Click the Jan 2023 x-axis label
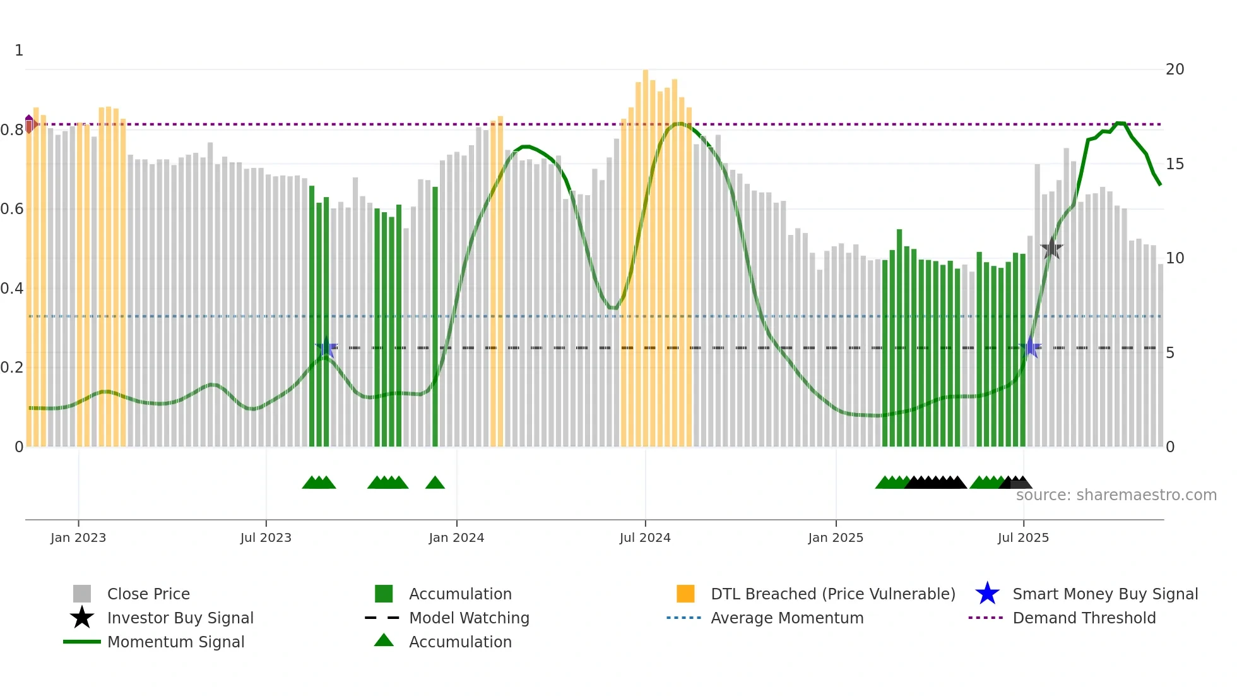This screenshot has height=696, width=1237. tap(78, 537)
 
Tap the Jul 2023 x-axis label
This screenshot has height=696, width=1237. tap(266, 537)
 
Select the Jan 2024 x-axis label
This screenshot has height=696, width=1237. tap(456, 537)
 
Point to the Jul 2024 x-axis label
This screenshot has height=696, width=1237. tap(645, 537)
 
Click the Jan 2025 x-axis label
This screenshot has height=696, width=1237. tap(836, 537)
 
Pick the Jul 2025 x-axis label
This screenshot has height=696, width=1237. tap(1023, 537)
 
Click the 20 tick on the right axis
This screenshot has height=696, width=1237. tap(1175, 69)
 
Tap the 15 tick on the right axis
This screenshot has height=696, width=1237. tap(1175, 164)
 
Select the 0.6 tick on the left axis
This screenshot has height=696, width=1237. tap(12, 209)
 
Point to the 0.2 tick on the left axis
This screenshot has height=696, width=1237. tap(12, 368)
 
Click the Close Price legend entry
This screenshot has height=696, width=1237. tap(148, 594)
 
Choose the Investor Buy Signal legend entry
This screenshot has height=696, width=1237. tap(180, 618)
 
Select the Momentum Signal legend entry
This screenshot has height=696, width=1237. tap(175, 642)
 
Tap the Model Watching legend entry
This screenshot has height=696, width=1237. tap(469, 618)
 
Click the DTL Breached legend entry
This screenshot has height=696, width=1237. tap(832, 594)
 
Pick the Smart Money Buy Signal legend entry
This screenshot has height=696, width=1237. tap(1105, 594)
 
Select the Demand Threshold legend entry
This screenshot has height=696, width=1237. tap(1084, 618)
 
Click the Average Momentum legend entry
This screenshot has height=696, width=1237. tap(787, 618)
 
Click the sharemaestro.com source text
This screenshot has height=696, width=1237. tap(1116, 495)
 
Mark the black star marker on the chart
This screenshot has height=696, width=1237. tap(1051, 248)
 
